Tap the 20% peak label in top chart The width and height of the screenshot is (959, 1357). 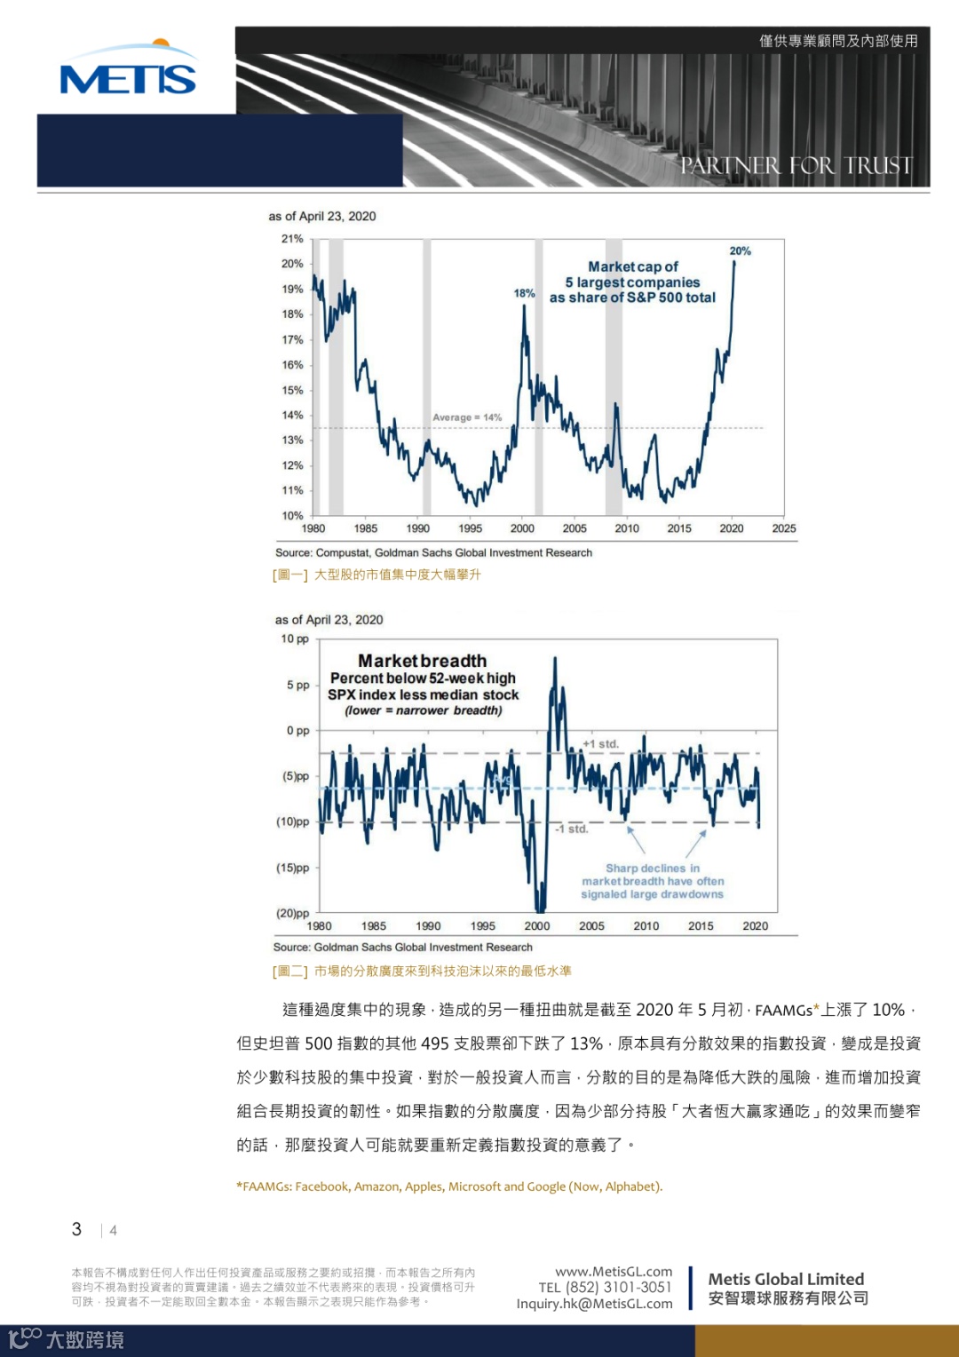(740, 251)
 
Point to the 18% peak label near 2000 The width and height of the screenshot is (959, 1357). (524, 293)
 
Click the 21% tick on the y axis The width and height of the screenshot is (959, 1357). (292, 239)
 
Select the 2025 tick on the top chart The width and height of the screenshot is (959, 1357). (783, 528)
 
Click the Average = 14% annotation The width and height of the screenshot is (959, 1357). (467, 417)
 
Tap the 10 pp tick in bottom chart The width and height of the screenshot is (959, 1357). (295, 639)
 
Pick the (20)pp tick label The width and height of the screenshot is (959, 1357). (293, 913)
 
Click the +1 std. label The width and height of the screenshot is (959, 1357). (600, 744)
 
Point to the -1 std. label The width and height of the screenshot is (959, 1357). (572, 829)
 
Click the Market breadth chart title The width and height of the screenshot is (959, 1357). (423, 661)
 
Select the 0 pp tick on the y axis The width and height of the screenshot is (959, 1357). (297, 731)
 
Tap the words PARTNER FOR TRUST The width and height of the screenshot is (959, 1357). (796, 166)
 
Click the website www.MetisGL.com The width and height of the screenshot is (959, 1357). (614, 1272)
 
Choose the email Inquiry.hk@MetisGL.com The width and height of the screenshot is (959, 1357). (594, 1304)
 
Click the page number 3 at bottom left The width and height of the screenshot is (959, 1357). (76, 1229)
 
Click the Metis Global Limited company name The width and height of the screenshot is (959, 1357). (786, 1279)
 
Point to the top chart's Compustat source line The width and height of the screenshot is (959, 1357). (433, 552)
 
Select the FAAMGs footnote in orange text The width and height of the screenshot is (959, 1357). (449, 1186)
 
